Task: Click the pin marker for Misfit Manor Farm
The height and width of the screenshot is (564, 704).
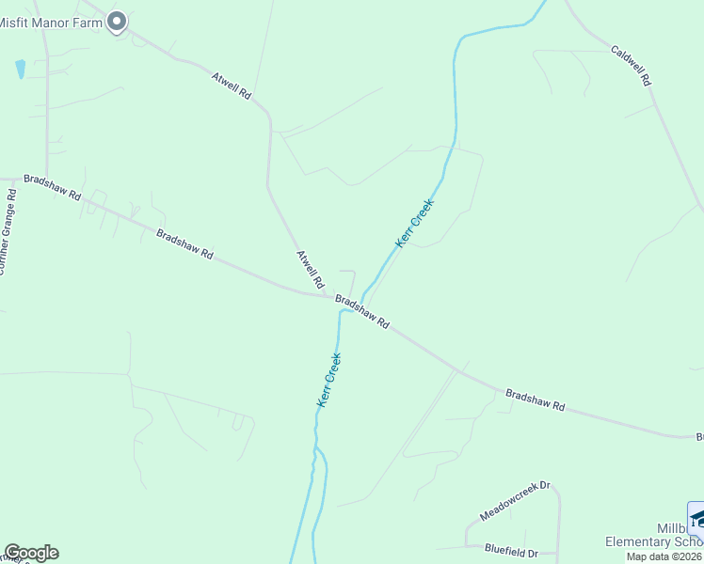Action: click(x=117, y=21)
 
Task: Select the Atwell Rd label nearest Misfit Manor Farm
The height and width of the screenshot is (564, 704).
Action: click(x=232, y=86)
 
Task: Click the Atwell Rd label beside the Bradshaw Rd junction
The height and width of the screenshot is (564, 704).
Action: click(x=311, y=270)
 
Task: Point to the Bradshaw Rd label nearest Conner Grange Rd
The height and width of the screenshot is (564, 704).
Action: click(x=53, y=187)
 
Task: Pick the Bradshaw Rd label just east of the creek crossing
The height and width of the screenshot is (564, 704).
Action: click(x=362, y=312)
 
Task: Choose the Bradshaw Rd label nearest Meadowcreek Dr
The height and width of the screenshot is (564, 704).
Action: click(x=535, y=399)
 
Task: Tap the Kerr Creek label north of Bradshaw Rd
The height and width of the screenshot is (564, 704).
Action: click(x=415, y=224)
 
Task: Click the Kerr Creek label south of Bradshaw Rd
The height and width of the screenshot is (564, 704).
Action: click(x=328, y=380)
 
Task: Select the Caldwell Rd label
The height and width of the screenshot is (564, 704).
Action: click(x=631, y=66)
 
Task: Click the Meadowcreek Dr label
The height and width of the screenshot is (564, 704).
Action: click(x=515, y=503)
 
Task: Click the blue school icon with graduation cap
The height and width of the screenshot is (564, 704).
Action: click(x=697, y=519)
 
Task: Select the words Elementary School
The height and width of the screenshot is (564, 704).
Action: click(x=653, y=541)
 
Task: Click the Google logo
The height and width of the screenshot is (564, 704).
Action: click(x=31, y=553)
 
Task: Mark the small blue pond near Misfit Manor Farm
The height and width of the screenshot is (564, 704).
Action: click(x=20, y=69)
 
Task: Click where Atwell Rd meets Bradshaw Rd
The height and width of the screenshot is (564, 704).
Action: click(x=326, y=297)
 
